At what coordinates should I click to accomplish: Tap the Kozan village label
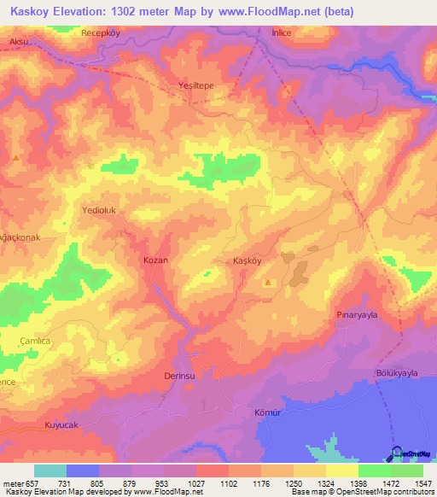[x=155, y=260]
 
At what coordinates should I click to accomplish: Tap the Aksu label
[x=19, y=41]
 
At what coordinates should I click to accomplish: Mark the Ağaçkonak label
[x=20, y=237]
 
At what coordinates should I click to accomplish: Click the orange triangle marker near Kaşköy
[x=270, y=282]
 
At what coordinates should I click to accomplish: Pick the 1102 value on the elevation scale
[x=229, y=483]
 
